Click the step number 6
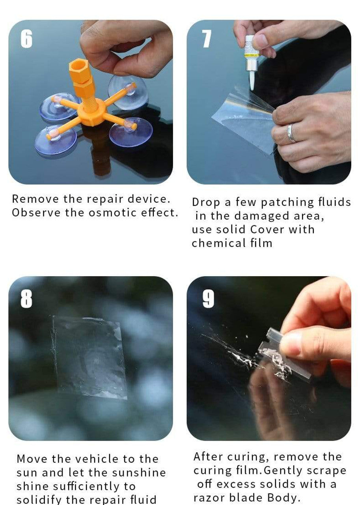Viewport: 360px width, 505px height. tap(26, 39)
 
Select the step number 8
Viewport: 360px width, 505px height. tap(26, 299)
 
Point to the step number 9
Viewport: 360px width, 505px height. tap(208, 299)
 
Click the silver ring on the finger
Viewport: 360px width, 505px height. tap(291, 133)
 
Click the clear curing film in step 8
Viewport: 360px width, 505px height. tap(91, 357)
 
